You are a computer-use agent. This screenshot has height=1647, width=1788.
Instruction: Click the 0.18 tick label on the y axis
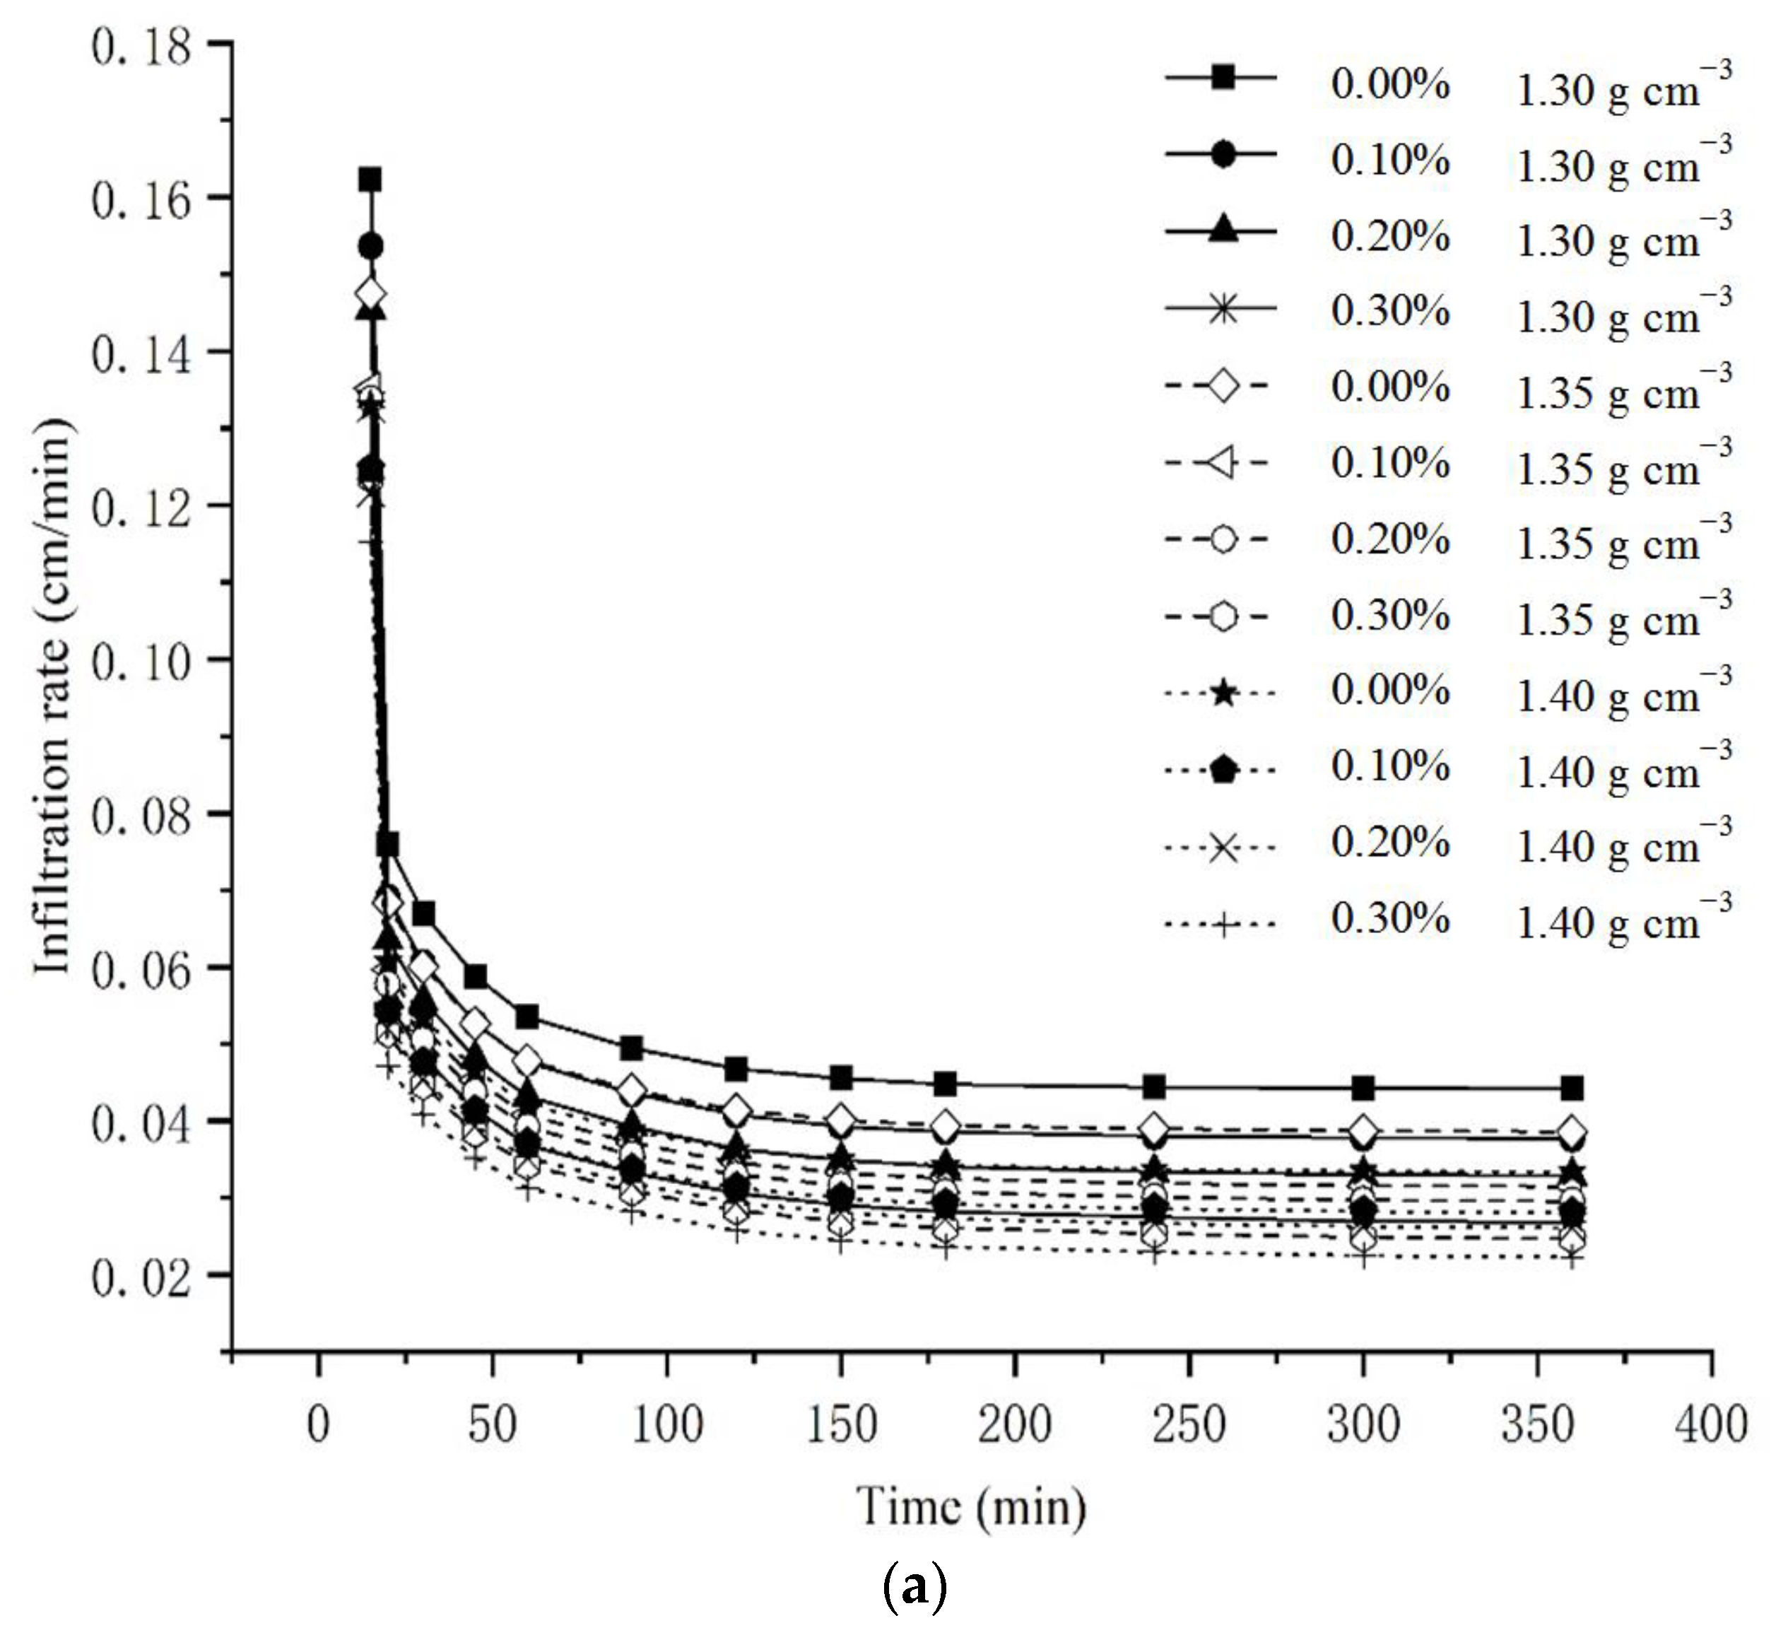[x=141, y=47]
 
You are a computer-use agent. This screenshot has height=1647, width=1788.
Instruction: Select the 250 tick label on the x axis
[x=1189, y=1424]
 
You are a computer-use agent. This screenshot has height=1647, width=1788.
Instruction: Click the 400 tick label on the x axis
[x=1710, y=1424]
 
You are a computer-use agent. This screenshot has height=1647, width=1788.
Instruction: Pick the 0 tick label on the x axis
[x=318, y=1424]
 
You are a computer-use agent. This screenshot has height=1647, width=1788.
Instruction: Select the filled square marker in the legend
[x=1223, y=78]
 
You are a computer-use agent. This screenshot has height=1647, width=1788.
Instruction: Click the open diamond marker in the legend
[x=1223, y=386]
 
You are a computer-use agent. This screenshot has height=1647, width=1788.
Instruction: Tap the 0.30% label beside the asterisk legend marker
[x=1390, y=311]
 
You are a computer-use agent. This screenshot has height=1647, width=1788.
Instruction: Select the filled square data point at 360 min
[x=1572, y=1088]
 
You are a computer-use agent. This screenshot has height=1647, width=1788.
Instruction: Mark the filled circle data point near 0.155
[x=370, y=246]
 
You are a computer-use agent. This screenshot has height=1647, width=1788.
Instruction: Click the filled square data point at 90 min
[x=632, y=1048]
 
